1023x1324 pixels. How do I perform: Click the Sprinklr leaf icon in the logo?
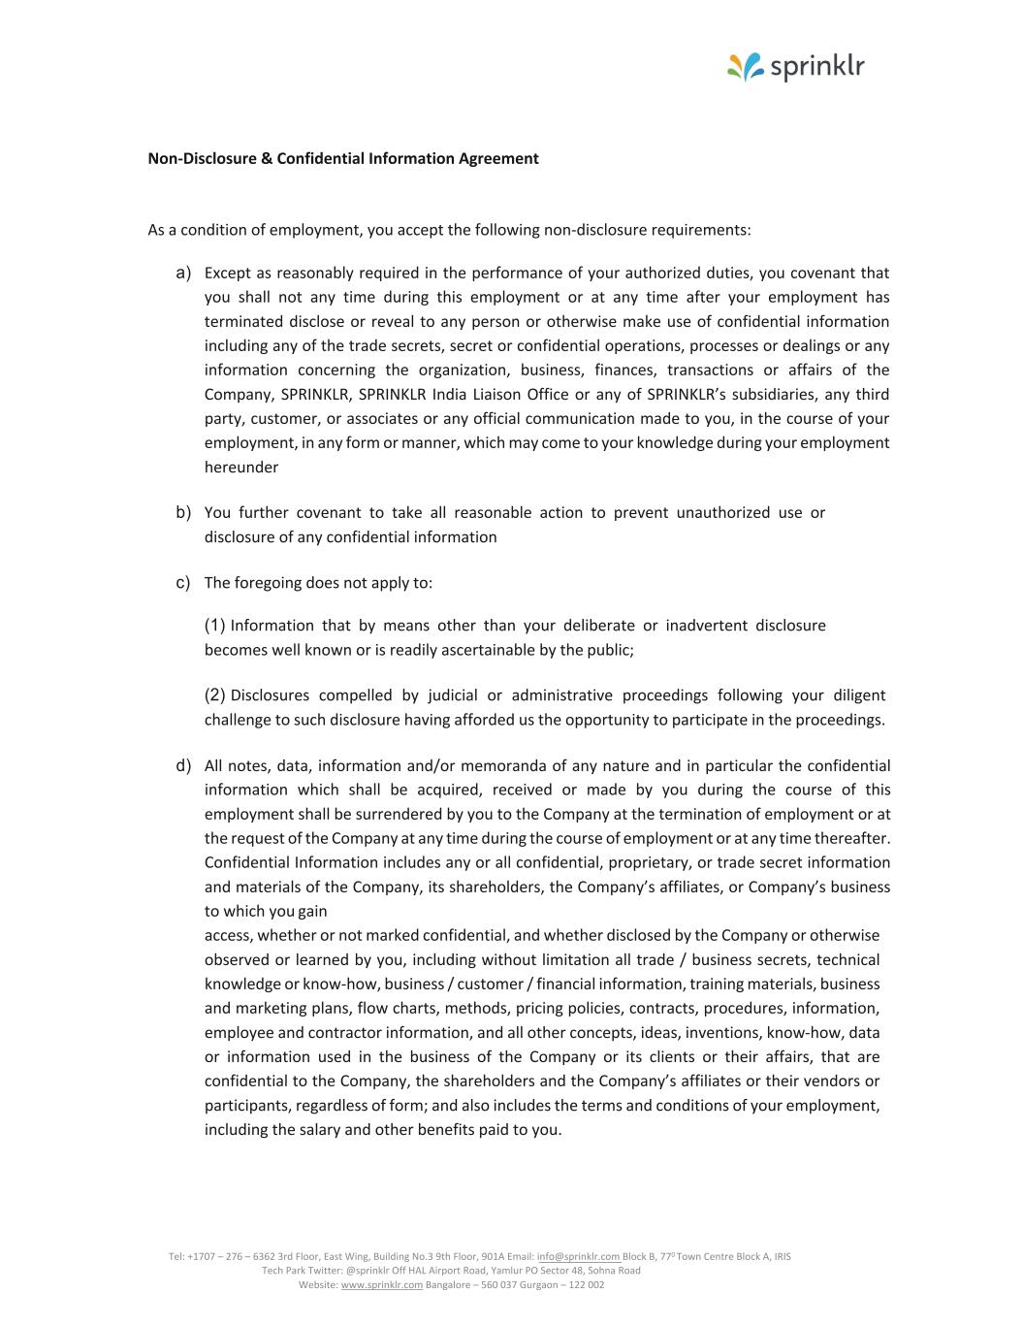pyautogui.click(x=746, y=67)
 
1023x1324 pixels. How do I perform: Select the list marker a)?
pyautogui.click(x=183, y=273)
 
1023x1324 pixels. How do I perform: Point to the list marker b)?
pyautogui.click(x=183, y=512)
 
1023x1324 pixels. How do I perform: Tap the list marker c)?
pyautogui.click(x=183, y=583)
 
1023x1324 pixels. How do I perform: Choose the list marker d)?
pyautogui.click(x=183, y=765)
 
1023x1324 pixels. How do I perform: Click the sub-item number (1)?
pyautogui.click(x=214, y=625)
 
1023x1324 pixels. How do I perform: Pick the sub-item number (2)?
pyautogui.click(x=214, y=694)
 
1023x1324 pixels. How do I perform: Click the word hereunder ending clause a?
pyautogui.click(x=241, y=467)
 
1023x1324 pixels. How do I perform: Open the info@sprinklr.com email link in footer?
pyautogui.click(x=578, y=1256)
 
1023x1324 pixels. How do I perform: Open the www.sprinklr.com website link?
pyautogui.click(x=381, y=1284)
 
